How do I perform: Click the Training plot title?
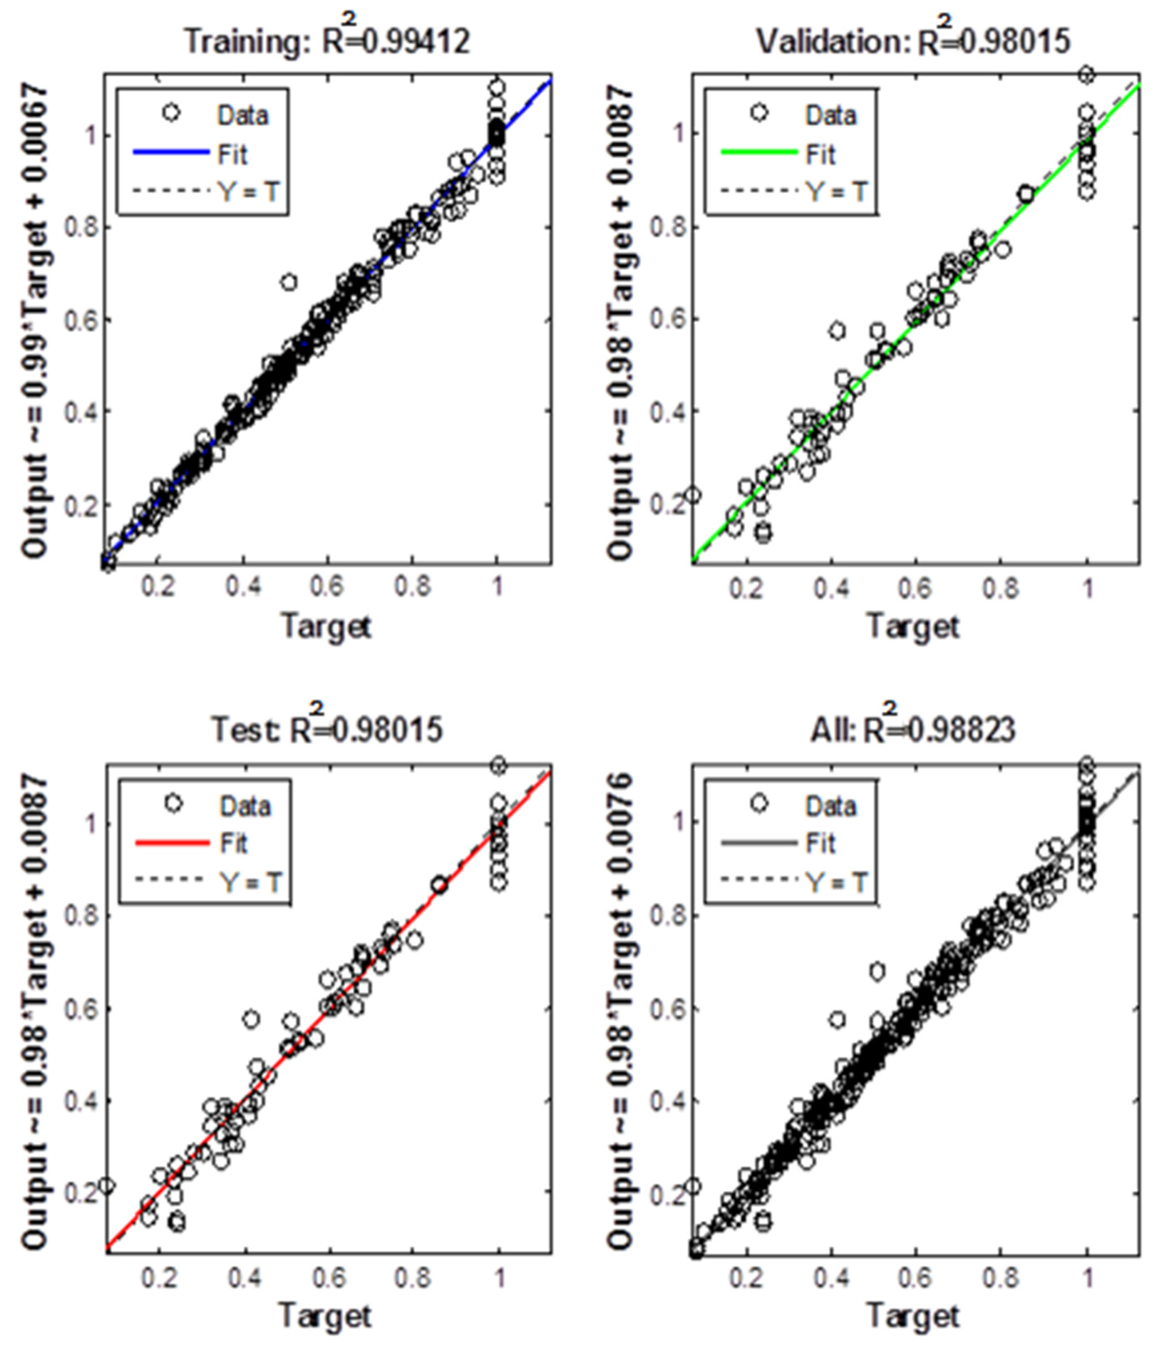point(327,41)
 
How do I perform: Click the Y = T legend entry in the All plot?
point(837,882)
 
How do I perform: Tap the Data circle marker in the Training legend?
point(171,113)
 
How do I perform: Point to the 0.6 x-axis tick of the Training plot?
point(327,586)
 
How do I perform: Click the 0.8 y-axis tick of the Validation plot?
point(667,228)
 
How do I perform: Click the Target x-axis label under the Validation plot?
point(913,626)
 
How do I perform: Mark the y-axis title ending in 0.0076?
point(620,1010)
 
